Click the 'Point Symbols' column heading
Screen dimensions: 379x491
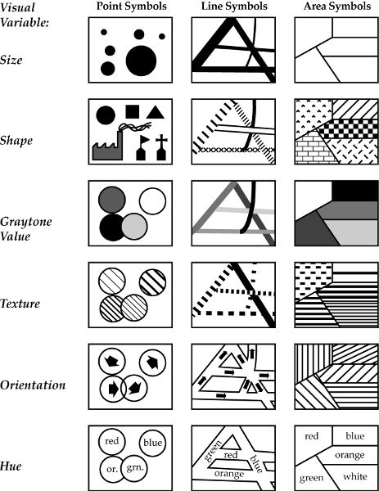pos(131,7)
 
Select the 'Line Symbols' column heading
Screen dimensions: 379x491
pos(234,7)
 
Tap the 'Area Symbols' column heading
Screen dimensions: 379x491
pos(337,7)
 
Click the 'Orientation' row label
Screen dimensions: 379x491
pos(33,385)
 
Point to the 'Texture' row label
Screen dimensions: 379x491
pos(20,304)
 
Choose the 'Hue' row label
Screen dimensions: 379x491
pos(11,466)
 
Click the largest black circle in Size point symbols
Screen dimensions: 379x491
pos(141,61)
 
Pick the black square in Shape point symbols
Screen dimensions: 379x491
pos(133,112)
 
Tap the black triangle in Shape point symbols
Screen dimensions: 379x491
pos(155,112)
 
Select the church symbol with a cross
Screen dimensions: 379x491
pos(161,147)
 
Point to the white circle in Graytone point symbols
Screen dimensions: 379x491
pos(152,201)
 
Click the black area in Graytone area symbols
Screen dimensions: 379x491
pos(354,191)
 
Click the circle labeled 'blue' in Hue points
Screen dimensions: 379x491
pos(152,443)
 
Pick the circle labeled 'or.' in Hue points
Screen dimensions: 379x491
pos(113,469)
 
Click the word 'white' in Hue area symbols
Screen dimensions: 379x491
pos(355,476)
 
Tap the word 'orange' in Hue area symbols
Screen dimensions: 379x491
pos(350,455)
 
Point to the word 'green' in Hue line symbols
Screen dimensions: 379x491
pos(213,451)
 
